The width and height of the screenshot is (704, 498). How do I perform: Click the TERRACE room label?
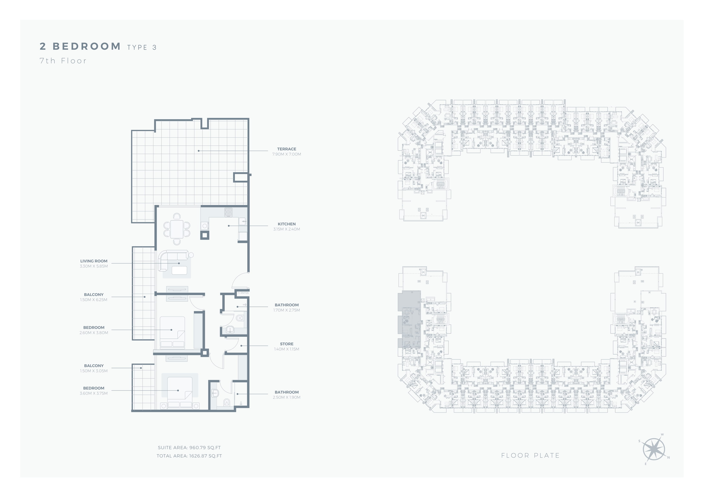[286, 149]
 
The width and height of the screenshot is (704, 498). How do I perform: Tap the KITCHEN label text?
[286, 224]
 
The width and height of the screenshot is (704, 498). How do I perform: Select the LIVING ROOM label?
[94, 261]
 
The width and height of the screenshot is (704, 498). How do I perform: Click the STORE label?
[286, 344]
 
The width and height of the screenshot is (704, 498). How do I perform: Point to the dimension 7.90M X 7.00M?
[286, 154]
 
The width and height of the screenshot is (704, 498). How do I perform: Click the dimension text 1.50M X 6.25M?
[94, 300]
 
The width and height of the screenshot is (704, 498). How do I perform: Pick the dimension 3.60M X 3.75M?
[94, 393]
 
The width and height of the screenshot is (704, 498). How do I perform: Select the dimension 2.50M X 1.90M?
[286, 397]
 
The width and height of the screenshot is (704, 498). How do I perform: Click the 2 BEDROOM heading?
[80, 46]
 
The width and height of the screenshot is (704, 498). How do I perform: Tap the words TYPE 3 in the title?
[142, 47]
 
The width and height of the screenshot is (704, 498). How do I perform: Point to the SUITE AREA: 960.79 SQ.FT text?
[189, 448]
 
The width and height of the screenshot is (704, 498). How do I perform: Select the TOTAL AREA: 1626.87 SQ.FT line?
[189, 456]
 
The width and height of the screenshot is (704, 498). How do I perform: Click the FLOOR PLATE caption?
[530, 456]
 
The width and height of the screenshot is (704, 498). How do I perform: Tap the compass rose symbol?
[654, 449]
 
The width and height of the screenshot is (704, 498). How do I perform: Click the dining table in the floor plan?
[177, 229]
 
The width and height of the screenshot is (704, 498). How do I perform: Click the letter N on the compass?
[668, 458]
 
